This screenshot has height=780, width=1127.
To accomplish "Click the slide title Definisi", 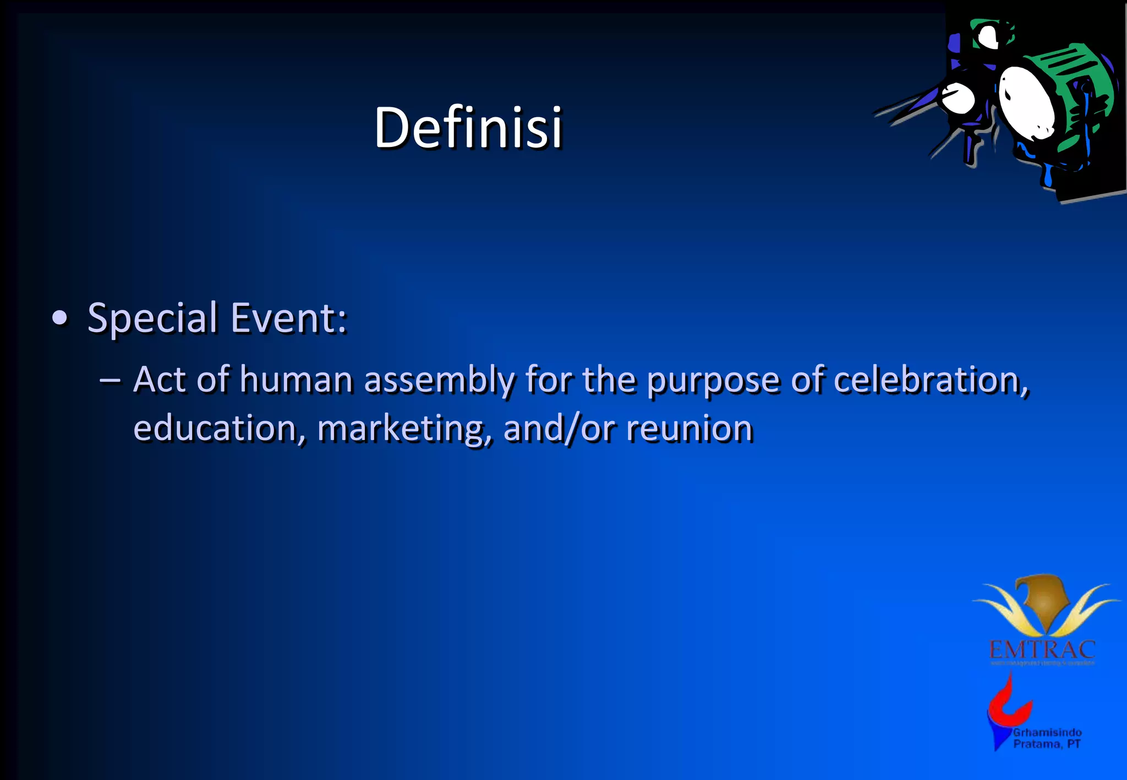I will [468, 128].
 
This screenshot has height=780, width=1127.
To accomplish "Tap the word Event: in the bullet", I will [288, 318].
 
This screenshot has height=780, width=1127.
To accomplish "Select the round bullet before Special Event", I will [59, 318].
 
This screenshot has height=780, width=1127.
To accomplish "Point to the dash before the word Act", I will [110, 380].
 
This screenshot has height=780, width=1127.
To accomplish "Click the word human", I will [296, 380].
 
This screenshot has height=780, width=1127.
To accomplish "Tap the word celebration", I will [931, 380].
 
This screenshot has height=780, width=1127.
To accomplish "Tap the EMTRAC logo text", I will [1042, 650].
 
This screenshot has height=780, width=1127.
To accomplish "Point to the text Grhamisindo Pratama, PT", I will [1047, 738].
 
